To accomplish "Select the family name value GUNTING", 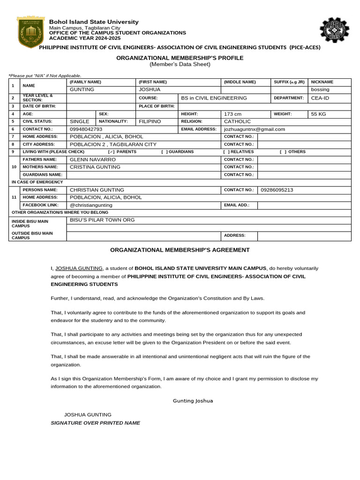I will (x=82, y=90).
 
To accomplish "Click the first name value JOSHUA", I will (x=150, y=90).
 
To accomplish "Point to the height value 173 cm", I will (x=233, y=114).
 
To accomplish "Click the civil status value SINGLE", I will (x=79, y=121).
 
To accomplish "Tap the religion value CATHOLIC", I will (x=238, y=121).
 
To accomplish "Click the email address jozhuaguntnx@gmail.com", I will (x=255, y=129).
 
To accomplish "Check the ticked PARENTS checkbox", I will (x=111, y=152).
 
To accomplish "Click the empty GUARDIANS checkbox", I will (x=164, y=152).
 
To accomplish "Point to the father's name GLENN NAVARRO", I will (x=93, y=159).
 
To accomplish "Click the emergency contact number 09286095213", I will (x=277, y=190).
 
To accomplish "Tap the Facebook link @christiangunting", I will (x=91, y=205).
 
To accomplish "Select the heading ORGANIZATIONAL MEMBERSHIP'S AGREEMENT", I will (x=180, y=250).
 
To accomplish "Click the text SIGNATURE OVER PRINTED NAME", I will (x=95, y=423).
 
